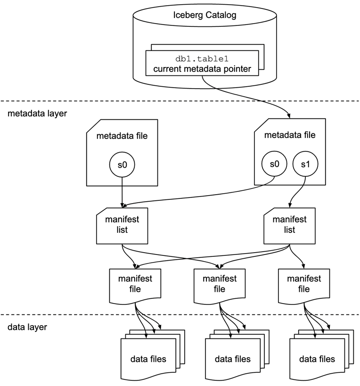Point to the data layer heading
tap(27, 327)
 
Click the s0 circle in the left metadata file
tap(122, 164)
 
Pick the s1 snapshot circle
tap(305, 164)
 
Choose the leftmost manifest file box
tap(134, 284)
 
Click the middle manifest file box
tap(219, 284)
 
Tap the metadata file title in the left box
tap(122, 137)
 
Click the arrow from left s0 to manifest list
tap(122, 191)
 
